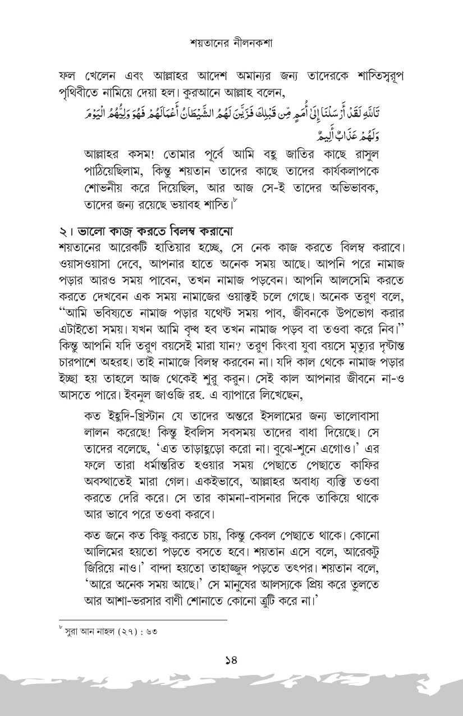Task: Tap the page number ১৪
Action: pyautogui.click(x=232, y=661)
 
